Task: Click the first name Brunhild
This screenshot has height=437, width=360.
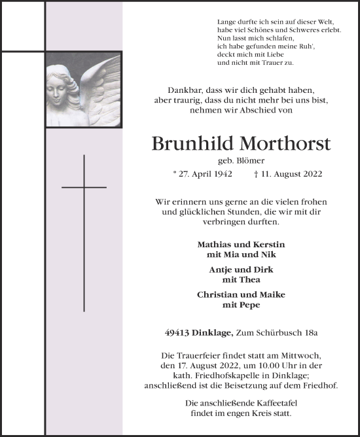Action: (x=188, y=143)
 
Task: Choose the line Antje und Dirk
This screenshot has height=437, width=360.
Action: (x=241, y=270)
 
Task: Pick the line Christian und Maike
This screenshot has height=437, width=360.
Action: (x=241, y=295)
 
